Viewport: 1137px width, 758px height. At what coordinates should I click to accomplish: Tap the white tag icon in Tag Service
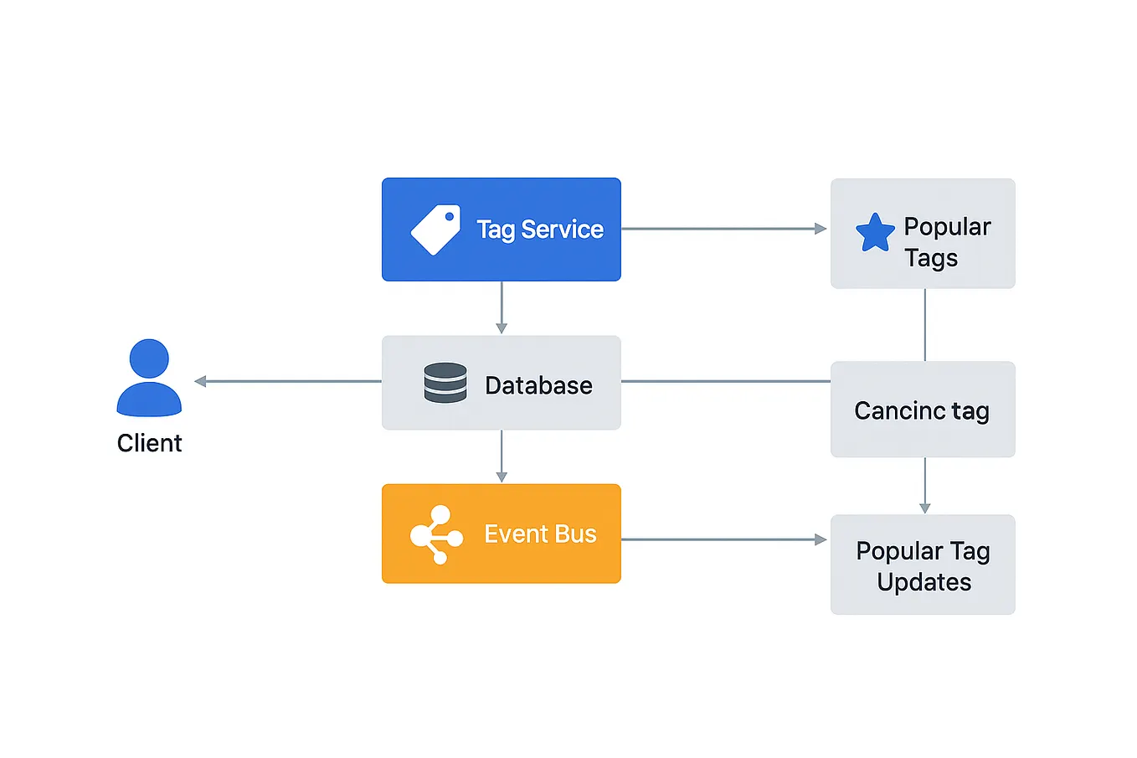pyautogui.click(x=435, y=229)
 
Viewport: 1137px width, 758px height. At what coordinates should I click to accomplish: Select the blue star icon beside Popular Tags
pyautogui.click(x=875, y=233)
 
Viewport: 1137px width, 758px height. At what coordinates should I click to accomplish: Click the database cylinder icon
pyautogui.click(x=445, y=383)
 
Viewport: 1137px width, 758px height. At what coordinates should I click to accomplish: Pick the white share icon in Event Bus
pyautogui.click(x=435, y=534)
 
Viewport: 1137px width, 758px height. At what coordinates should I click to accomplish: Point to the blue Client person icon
pyautogui.click(x=149, y=378)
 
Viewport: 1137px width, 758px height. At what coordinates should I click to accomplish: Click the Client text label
pyautogui.click(x=149, y=443)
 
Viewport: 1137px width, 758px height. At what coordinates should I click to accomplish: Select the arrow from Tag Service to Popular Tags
pyautogui.click(x=724, y=229)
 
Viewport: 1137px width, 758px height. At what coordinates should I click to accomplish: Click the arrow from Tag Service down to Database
pyautogui.click(x=502, y=307)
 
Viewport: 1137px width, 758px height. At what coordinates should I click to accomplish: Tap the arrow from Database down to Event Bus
pyautogui.click(x=502, y=456)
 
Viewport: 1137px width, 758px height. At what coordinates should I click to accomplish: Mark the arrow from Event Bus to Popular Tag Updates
pyautogui.click(x=724, y=539)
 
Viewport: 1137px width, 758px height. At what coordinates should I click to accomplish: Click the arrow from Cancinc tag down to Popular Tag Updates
pyautogui.click(x=924, y=485)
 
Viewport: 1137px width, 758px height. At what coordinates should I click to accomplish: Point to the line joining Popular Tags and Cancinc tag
pyautogui.click(x=924, y=325)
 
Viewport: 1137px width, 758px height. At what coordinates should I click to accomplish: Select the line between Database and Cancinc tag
pyautogui.click(x=725, y=381)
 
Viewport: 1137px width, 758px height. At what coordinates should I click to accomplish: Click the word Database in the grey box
pyautogui.click(x=538, y=385)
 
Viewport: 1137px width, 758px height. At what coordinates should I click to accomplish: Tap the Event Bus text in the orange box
pyautogui.click(x=540, y=534)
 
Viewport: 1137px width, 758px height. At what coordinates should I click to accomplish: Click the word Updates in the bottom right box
pyautogui.click(x=923, y=582)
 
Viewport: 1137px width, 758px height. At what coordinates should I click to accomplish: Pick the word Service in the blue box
pyautogui.click(x=562, y=229)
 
